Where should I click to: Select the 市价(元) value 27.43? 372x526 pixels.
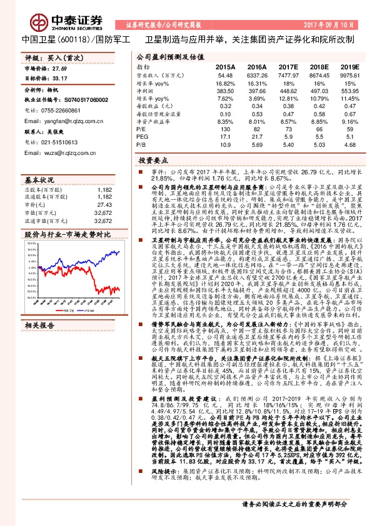[104, 204]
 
